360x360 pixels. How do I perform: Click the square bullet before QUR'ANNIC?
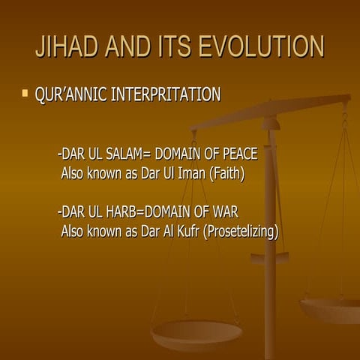(25, 94)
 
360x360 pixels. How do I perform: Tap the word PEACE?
(238, 154)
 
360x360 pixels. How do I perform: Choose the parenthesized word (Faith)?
(229, 173)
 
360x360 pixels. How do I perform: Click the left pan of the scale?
(196, 331)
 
